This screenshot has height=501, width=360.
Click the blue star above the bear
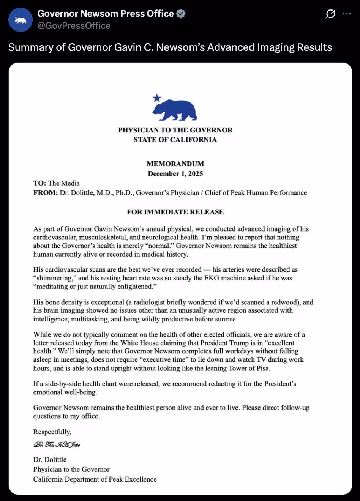tap(156, 99)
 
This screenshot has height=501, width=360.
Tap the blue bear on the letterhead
tap(175, 110)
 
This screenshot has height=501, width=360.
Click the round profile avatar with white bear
tap(21, 20)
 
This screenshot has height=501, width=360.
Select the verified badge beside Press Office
tap(181, 14)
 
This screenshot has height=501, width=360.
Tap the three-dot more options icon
tap(346, 14)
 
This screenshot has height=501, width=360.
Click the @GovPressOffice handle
tap(74, 26)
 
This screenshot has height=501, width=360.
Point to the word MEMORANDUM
tap(175, 164)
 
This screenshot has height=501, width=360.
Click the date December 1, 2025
tap(175, 174)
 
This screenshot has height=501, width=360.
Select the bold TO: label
tap(39, 183)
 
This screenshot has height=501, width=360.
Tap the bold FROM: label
tap(45, 193)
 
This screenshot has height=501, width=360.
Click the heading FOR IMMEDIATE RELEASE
tap(175, 212)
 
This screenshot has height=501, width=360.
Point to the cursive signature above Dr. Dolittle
tap(57, 444)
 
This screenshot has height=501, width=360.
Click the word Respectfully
tap(52, 432)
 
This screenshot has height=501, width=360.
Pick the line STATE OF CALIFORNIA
tap(175, 140)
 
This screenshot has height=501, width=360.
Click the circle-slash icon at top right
tap(330, 14)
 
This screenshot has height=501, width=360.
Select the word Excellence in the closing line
tap(141, 479)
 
